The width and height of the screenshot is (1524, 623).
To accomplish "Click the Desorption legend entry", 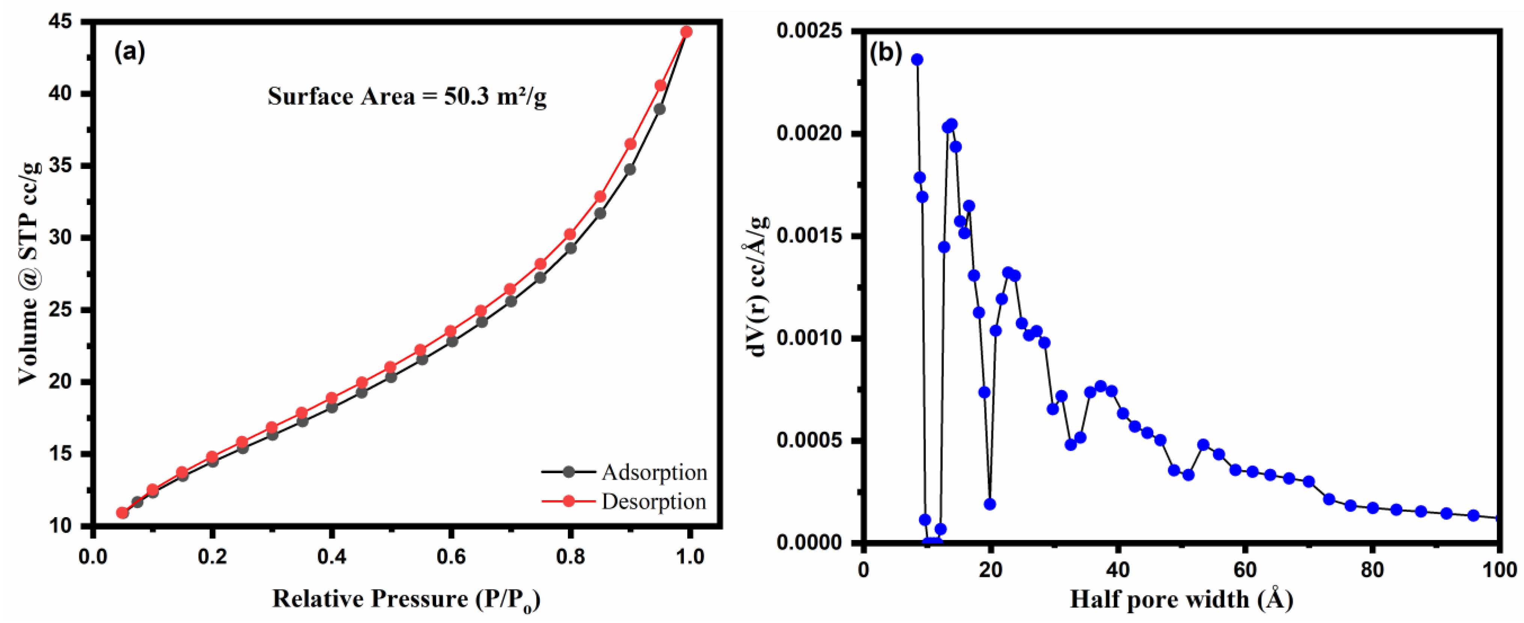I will point(654,502).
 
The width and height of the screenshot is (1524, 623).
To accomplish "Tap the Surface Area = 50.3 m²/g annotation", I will point(407,96).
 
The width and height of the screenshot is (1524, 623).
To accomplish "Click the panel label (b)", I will point(885,53).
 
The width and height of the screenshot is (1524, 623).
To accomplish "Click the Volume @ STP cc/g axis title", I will point(29,272).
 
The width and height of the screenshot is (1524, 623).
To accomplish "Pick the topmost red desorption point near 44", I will point(686,32).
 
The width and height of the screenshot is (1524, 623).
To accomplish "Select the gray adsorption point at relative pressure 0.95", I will point(660,110).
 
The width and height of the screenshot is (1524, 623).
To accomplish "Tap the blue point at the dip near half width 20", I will point(990,504).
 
